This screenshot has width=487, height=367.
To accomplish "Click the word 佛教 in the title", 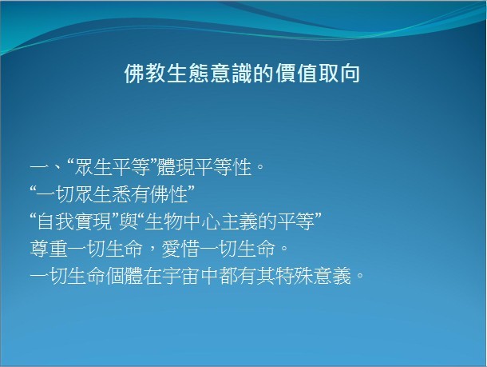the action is pos(145,74).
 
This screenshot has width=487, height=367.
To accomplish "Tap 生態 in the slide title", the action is pos(188,74).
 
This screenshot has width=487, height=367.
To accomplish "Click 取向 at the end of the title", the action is pos(339,74).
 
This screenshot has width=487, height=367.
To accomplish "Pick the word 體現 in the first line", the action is pos(176,167).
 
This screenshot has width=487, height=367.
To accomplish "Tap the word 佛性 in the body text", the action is pos(168,194).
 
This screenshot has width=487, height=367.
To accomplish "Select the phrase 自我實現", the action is pos(74,221).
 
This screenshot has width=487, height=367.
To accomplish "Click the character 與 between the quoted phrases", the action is pos(129,221).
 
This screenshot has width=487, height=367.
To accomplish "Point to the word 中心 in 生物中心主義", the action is pos(201,221).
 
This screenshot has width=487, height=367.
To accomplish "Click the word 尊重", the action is pos(49,249).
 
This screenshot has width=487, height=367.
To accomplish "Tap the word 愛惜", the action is pos(180,249).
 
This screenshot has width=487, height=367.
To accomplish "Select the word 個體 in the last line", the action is pos(124,276).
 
